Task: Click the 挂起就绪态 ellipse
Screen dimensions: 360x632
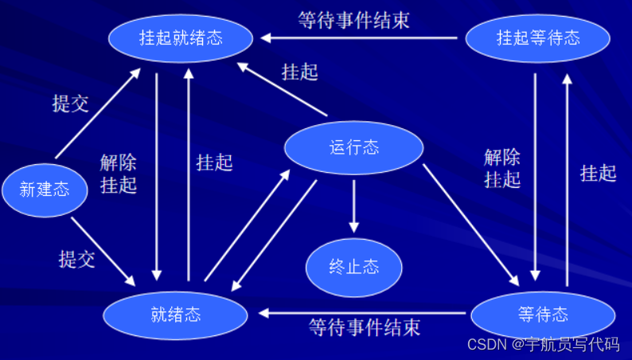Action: pos(182,37)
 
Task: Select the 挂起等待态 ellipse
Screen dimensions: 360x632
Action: pos(538,37)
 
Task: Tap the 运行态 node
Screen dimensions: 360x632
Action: pos(353,147)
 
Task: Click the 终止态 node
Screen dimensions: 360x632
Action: pos(353,267)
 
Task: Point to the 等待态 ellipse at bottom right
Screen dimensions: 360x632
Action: pos(543,315)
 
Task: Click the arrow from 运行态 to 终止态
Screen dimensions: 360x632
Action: pos(353,205)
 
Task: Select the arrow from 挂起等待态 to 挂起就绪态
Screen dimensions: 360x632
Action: pos(362,37)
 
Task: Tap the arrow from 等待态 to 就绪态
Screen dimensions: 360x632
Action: pos(366,313)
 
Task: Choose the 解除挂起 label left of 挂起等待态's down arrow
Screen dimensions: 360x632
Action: pos(502,167)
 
